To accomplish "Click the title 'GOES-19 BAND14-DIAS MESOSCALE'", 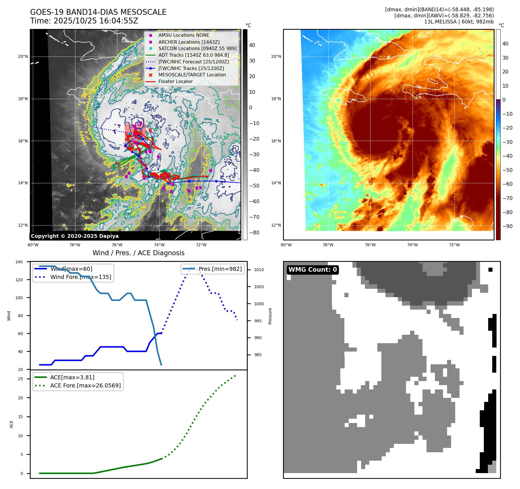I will [98, 12].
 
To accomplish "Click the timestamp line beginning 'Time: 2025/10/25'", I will [84, 21].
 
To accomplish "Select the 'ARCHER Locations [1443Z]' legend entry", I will [189, 42].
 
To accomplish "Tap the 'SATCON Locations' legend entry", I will [197, 48].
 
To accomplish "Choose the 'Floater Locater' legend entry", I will [175, 81].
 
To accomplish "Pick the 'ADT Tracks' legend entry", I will [193, 55].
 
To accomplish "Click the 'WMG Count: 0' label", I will [313, 270].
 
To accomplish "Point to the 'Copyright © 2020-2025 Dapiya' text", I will [75, 236].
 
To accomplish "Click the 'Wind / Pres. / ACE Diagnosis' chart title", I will [138, 253].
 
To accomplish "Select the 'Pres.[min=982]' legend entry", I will [220, 269].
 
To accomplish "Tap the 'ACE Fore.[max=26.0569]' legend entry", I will [85, 385].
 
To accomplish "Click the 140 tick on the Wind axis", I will [19, 262].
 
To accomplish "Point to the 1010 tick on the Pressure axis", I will [259, 270].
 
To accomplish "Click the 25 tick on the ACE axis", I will [21, 379].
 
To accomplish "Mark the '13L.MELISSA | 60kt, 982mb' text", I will [459, 22].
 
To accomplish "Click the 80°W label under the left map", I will [33, 245].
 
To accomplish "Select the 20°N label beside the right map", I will [276, 56].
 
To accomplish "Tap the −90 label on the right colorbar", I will [507, 226].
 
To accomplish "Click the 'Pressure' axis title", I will [270, 316].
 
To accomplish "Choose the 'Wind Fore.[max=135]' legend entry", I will [80, 277].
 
